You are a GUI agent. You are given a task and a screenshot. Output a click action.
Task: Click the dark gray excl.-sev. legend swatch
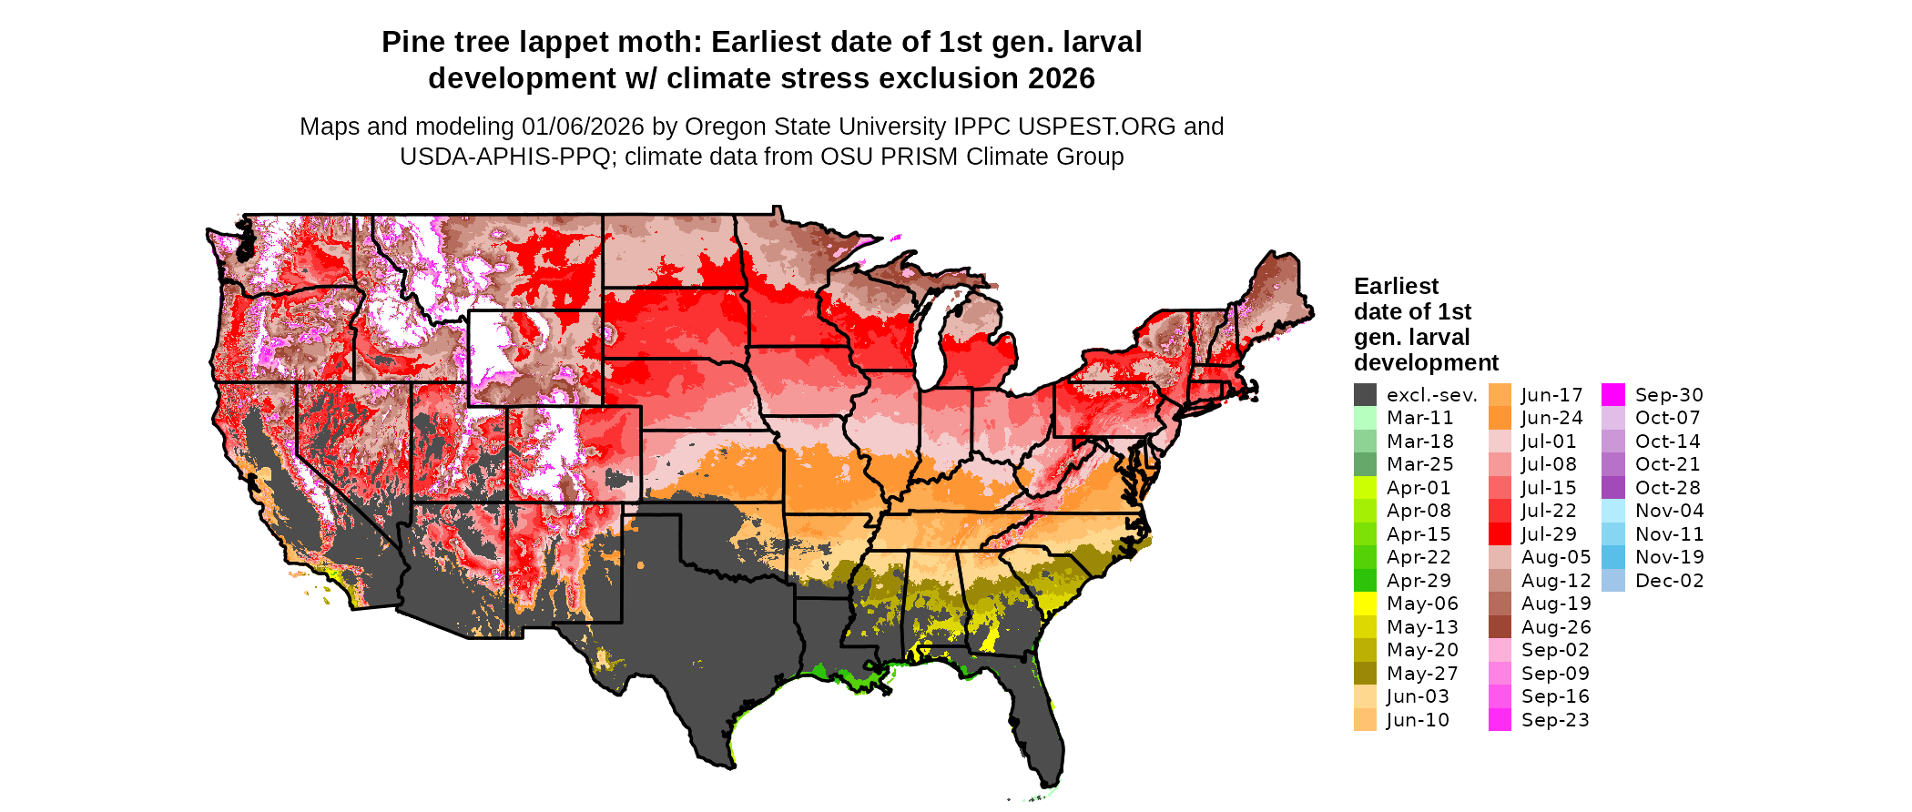[x=1365, y=395]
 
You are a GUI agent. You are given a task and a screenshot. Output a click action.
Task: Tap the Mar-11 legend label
[x=1419, y=418]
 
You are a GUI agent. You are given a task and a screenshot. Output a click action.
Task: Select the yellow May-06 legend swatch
[x=1365, y=604]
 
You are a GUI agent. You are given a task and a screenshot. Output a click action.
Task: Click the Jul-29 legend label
[x=1549, y=534]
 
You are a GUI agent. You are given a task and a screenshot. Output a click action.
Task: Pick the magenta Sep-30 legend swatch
[x=1612, y=395]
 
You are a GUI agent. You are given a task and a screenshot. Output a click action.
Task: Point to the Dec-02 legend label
[x=1669, y=581]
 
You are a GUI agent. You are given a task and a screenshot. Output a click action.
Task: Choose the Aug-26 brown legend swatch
[x=1500, y=627]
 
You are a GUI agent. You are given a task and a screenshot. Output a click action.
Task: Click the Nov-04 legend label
[x=1669, y=511]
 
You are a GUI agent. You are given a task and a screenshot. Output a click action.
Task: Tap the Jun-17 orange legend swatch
[x=1500, y=395]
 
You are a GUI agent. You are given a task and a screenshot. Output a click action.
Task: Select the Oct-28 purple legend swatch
[x=1612, y=488]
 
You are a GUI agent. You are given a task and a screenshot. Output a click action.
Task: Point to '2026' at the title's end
[x=1061, y=79]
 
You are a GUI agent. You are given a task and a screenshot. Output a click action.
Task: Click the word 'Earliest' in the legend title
[x=1396, y=287]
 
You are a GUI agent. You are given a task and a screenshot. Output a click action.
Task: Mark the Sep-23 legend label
[x=1554, y=720]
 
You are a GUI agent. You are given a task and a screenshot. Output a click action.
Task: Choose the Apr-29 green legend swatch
[x=1365, y=581]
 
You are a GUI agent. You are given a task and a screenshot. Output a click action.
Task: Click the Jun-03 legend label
[x=1418, y=696]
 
